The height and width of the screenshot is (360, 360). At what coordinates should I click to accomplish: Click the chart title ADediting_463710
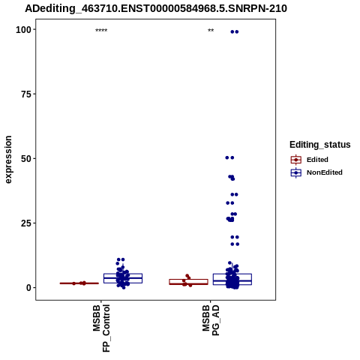[x=156, y=8]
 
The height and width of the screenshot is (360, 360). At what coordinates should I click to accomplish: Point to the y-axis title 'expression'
[x=8, y=160]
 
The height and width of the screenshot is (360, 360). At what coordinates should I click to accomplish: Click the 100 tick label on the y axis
[x=23, y=30]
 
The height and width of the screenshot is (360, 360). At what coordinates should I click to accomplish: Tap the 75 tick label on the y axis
[x=26, y=94]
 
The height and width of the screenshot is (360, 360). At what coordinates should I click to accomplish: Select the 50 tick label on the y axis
[x=26, y=159]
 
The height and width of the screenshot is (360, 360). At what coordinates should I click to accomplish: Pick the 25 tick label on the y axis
[x=26, y=223]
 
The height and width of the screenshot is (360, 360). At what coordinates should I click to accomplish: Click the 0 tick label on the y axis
[x=29, y=288]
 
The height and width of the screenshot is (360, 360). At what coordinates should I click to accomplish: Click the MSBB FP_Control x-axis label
[x=101, y=328]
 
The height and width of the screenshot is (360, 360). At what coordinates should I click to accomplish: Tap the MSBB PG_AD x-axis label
[x=211, y=320]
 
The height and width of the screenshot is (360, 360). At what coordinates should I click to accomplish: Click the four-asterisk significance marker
[x=101, y=31]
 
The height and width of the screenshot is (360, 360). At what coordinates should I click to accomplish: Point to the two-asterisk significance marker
[x=211, y=31]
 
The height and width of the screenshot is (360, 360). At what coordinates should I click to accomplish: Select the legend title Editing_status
[x=320, y=145]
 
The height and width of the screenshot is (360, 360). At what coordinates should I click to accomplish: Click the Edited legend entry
[x=317, y=160]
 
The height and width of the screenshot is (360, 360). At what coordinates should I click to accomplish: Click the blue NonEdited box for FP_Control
[x=123, y=278]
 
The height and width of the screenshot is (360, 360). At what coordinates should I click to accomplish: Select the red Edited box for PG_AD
[x=189, y=282]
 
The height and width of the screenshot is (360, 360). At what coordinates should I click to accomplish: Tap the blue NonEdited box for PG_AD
[x=232, y=279]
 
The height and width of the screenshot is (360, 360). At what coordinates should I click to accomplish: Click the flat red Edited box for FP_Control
[x=79, y=283]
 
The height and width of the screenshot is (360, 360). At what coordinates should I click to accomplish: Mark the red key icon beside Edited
[x=296, y=160]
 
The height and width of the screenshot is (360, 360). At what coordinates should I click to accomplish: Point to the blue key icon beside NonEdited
[x=296, y=172]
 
